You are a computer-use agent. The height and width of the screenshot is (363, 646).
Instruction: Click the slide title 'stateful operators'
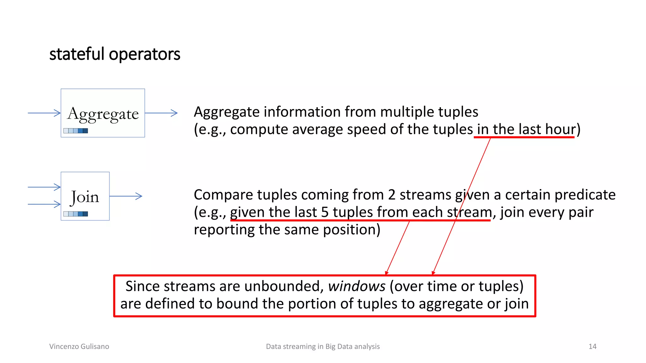[x=115, y=54]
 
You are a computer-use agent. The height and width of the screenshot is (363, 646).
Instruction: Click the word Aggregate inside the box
[x=103, y=114]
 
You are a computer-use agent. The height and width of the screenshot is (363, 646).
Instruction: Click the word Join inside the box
[x=85, y=197]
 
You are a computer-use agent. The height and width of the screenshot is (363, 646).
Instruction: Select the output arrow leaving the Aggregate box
[x=161, y=113]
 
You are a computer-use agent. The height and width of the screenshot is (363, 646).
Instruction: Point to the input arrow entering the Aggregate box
[x=44, y=113]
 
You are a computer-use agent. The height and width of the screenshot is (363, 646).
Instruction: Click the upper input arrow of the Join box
[x=44, y=187]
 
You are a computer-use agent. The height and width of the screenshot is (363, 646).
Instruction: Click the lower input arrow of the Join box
[x=44, y=204]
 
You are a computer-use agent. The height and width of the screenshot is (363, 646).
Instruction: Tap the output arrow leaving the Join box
[x=126, y=196]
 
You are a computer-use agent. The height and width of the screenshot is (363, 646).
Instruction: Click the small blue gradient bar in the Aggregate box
[x=76, y=130]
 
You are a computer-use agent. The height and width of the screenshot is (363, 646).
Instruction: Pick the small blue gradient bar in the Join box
[x=76, y=214]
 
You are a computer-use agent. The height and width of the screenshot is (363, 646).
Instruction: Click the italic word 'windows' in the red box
[x=356, y=286]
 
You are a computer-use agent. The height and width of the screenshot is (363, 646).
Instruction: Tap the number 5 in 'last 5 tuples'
[x=325, y=212]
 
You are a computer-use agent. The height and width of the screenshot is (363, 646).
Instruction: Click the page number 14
[x=592, y=346]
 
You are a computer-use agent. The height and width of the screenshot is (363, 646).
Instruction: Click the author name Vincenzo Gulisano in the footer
[x=79, y=346]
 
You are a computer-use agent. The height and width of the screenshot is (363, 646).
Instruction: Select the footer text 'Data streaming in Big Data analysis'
[x=323, y=346]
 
